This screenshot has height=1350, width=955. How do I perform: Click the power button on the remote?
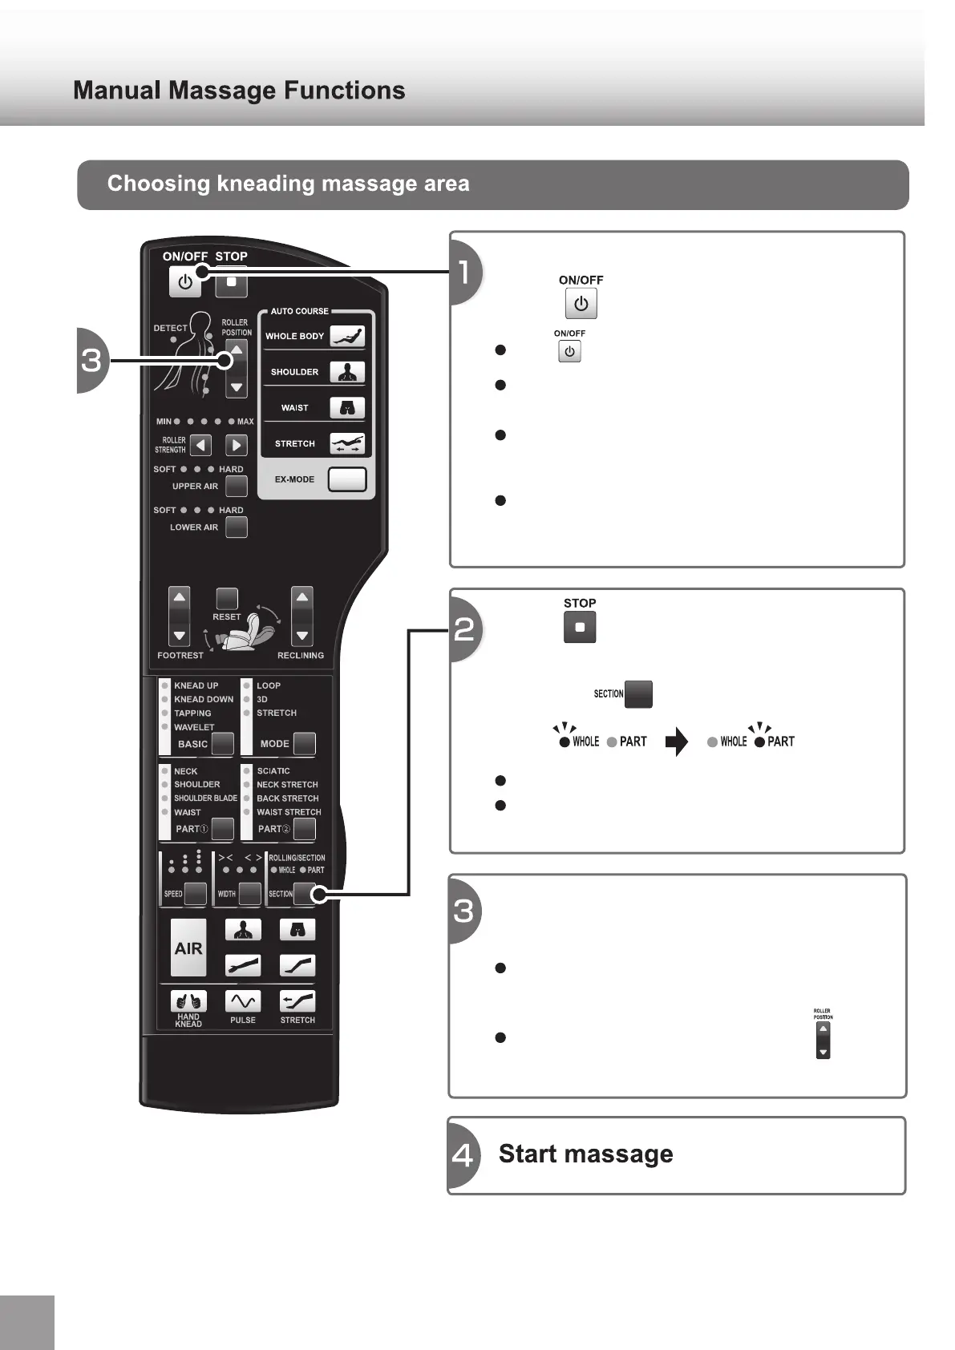click(184, 282)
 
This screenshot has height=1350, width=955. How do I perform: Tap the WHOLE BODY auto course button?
click(347, 336)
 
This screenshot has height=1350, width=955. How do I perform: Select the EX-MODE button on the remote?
click(347, 479)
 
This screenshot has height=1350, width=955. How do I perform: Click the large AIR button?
click(188, 948)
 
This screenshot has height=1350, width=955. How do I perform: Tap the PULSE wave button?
click(243, 1001)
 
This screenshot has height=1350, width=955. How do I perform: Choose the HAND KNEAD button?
click(188, 1001)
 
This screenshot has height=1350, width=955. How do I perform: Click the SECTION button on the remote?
click(304, 893)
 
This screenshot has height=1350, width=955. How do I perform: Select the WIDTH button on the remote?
click(249, 893)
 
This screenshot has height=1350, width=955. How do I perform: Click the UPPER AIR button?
click(236, 486)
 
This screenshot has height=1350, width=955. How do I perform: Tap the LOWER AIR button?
click(236, 527)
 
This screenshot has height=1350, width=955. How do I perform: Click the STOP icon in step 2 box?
click(580, 628)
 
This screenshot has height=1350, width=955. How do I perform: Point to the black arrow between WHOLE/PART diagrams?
click(677, 742)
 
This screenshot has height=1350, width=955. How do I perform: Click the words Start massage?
click(585, 1154)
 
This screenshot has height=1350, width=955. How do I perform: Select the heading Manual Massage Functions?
click(239, 91)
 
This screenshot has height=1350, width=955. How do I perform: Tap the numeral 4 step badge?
click(463, 1155)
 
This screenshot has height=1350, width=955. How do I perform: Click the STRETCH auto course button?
click(347, 443)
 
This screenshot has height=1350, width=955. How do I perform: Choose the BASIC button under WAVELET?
click(222, 744)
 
